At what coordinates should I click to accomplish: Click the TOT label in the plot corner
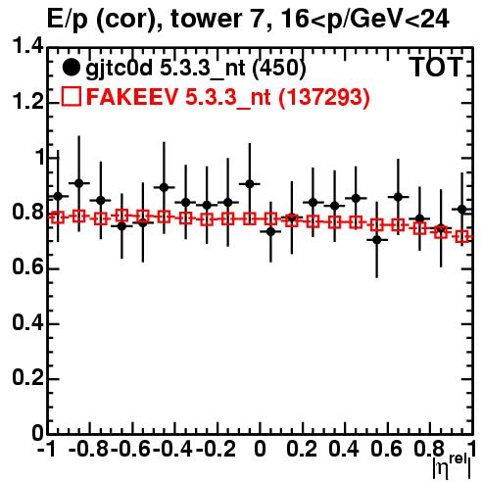click(x=436, y=68)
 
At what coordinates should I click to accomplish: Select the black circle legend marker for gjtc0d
click(x=71, y=68)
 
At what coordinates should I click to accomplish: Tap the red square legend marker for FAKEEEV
click(x=71, y=97)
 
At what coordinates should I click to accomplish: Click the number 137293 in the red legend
click(x=323, y=97)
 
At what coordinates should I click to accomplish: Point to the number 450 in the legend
click(x=279, y=68)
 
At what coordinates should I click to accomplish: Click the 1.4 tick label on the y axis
click(x=27, y=46)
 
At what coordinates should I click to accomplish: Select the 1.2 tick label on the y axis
click(x=27, y=102)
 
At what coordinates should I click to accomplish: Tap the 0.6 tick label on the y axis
click(x=27, y=267)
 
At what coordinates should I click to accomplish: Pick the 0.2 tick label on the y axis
click(x=27, y=377)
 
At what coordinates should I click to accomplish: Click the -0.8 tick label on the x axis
click(x=88, y=450)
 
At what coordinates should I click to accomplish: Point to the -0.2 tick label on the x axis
click(x=216, y=450)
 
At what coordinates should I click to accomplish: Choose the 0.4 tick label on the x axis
click(x=344, y=450)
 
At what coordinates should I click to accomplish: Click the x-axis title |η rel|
click(x=452, y=466)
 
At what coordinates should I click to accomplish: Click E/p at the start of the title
click(x=68, y=20)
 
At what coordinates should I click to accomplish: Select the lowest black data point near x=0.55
click(x=377, y=240)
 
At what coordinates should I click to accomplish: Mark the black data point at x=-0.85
click(x=78, y=183)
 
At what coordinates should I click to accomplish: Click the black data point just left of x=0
click(x=250, y=184)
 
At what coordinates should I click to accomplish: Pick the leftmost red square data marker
click(x=58, y=217)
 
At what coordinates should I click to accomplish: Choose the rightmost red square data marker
click(x=462, y=237)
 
